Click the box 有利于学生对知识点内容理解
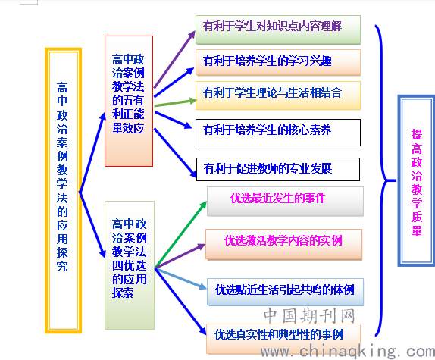pos(278,30)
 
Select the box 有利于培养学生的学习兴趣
pos(278,62)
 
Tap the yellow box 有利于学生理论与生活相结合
pos(278,95)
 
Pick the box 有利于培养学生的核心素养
pos(278,133)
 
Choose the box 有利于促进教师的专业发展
pos(278,169)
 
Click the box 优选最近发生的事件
pos(285,202)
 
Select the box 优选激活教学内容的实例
pos(283,244)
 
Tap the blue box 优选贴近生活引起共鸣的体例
pos(285,292)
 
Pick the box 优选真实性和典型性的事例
pos(283,338)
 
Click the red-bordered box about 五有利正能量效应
pos(129,101)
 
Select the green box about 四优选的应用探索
pos(130,265)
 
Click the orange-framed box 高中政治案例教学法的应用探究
pos(63,190)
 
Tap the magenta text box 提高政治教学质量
pos(416,181)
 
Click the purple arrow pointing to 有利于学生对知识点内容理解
pos(175,59)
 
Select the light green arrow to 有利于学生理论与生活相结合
pos(175,102)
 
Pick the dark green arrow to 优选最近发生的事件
pos(181,234)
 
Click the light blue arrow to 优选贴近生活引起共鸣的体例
pos(180,278)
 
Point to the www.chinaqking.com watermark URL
pos(348,352)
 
